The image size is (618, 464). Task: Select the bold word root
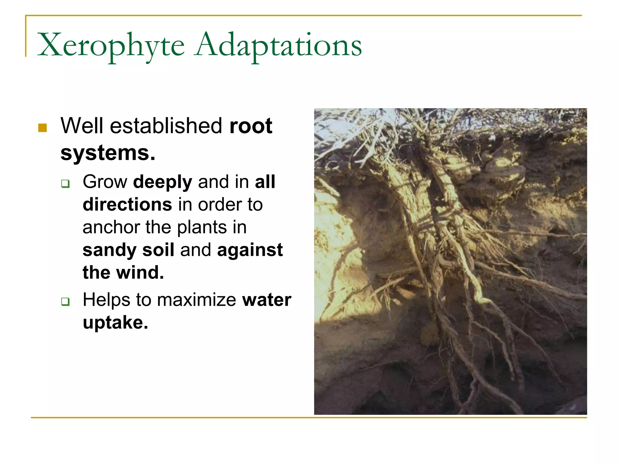pos(251,126)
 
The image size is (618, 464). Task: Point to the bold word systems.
pos(108,153)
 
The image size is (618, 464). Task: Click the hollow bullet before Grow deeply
pos(65,183)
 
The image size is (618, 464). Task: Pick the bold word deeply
pos(163,182)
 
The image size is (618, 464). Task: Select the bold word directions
pos(127,205)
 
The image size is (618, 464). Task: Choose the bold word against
pos(250,250)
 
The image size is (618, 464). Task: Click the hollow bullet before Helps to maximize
pos(65,301)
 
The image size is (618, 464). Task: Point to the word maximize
pos(196,300)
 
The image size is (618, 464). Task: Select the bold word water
pos(267,300)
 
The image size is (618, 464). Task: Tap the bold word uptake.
pos(115,323)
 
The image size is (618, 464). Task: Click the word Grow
pos(105,182)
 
